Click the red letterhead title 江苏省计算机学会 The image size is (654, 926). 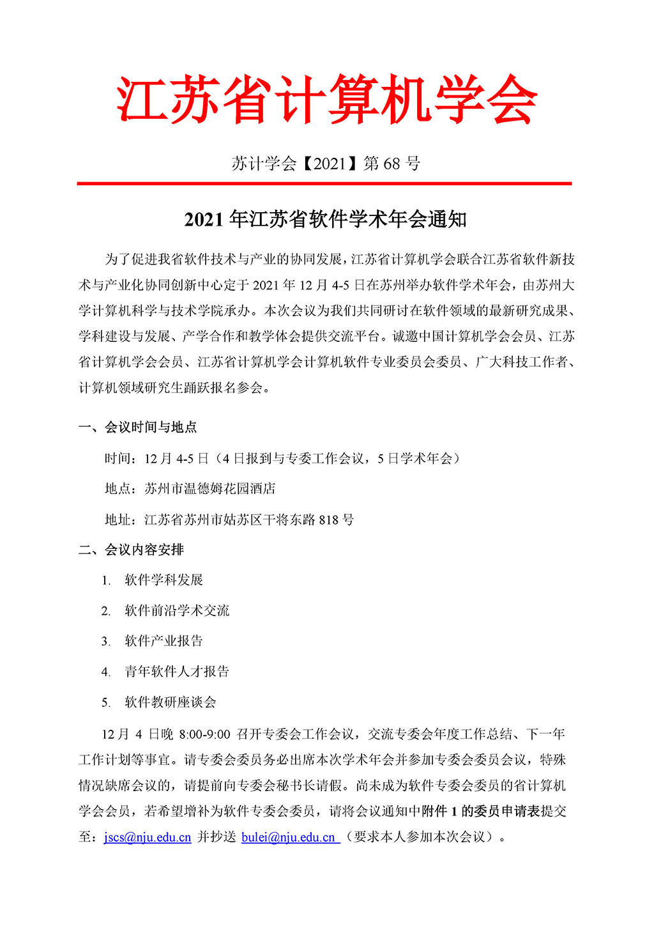(326, 99)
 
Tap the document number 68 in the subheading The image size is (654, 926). (391, 164)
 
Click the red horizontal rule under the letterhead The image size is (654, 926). (324, 183)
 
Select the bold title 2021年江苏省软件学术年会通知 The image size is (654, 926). (326, 220)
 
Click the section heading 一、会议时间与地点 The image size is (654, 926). (137, 427)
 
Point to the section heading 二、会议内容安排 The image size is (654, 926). (131, 550)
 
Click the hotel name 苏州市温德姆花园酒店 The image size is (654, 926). (210, 489)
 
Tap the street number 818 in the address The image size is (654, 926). (328, 520)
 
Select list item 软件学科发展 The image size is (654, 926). (164, 580)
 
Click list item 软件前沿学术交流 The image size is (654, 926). (177, 611)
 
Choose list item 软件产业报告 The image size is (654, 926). (164, 641)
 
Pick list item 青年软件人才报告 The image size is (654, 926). (177, 672)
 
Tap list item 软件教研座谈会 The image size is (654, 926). (171, 702)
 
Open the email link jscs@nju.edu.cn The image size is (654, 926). (148, 837)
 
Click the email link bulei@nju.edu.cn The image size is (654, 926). (289, 837)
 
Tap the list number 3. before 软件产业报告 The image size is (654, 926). (106, 641)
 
